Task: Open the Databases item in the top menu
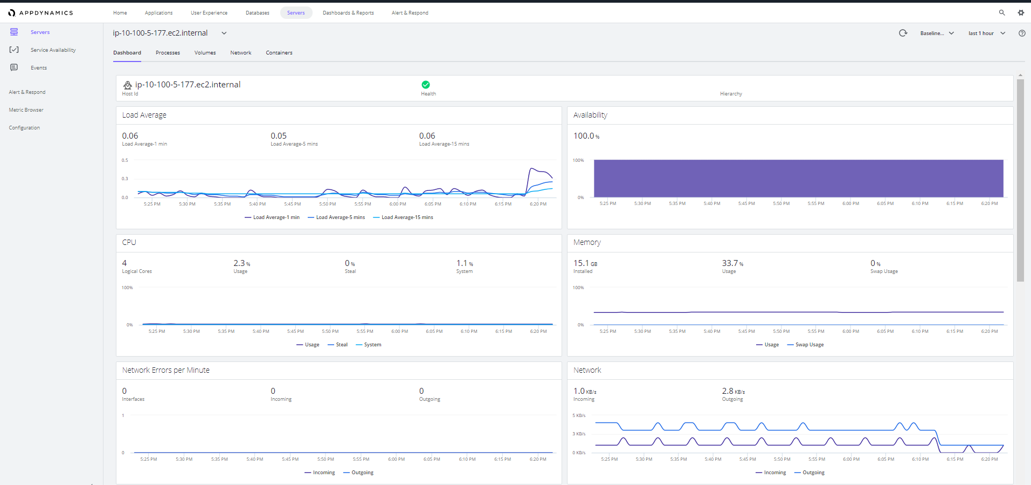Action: click(x=258, y=13)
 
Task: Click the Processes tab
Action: click(x=168, y=53)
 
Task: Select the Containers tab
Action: click(x=279, y=53)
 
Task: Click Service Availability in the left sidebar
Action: click(x=53, y=50)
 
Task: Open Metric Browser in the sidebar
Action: click(x=26, y=110)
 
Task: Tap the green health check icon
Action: click(x=426, y=85)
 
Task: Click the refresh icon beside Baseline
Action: click(x=903, y=33)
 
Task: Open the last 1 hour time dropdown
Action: click(x=987, y=33)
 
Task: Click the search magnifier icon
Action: click(x=1002, y=13)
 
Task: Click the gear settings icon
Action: click(x=1021, y=13)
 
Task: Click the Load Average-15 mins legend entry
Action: click(x=403, y=217)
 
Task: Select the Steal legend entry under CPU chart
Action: click(x=337, y=345)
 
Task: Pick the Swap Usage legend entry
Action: click(x=806, y=345)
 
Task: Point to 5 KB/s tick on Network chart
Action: click(x=579, y=416)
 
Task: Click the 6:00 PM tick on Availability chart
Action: click(x=851, y=204)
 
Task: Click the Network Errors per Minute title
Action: click(x=166, y=370)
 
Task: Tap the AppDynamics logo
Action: click(x=40, y=13)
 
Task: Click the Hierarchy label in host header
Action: click(x=731, y=94)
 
